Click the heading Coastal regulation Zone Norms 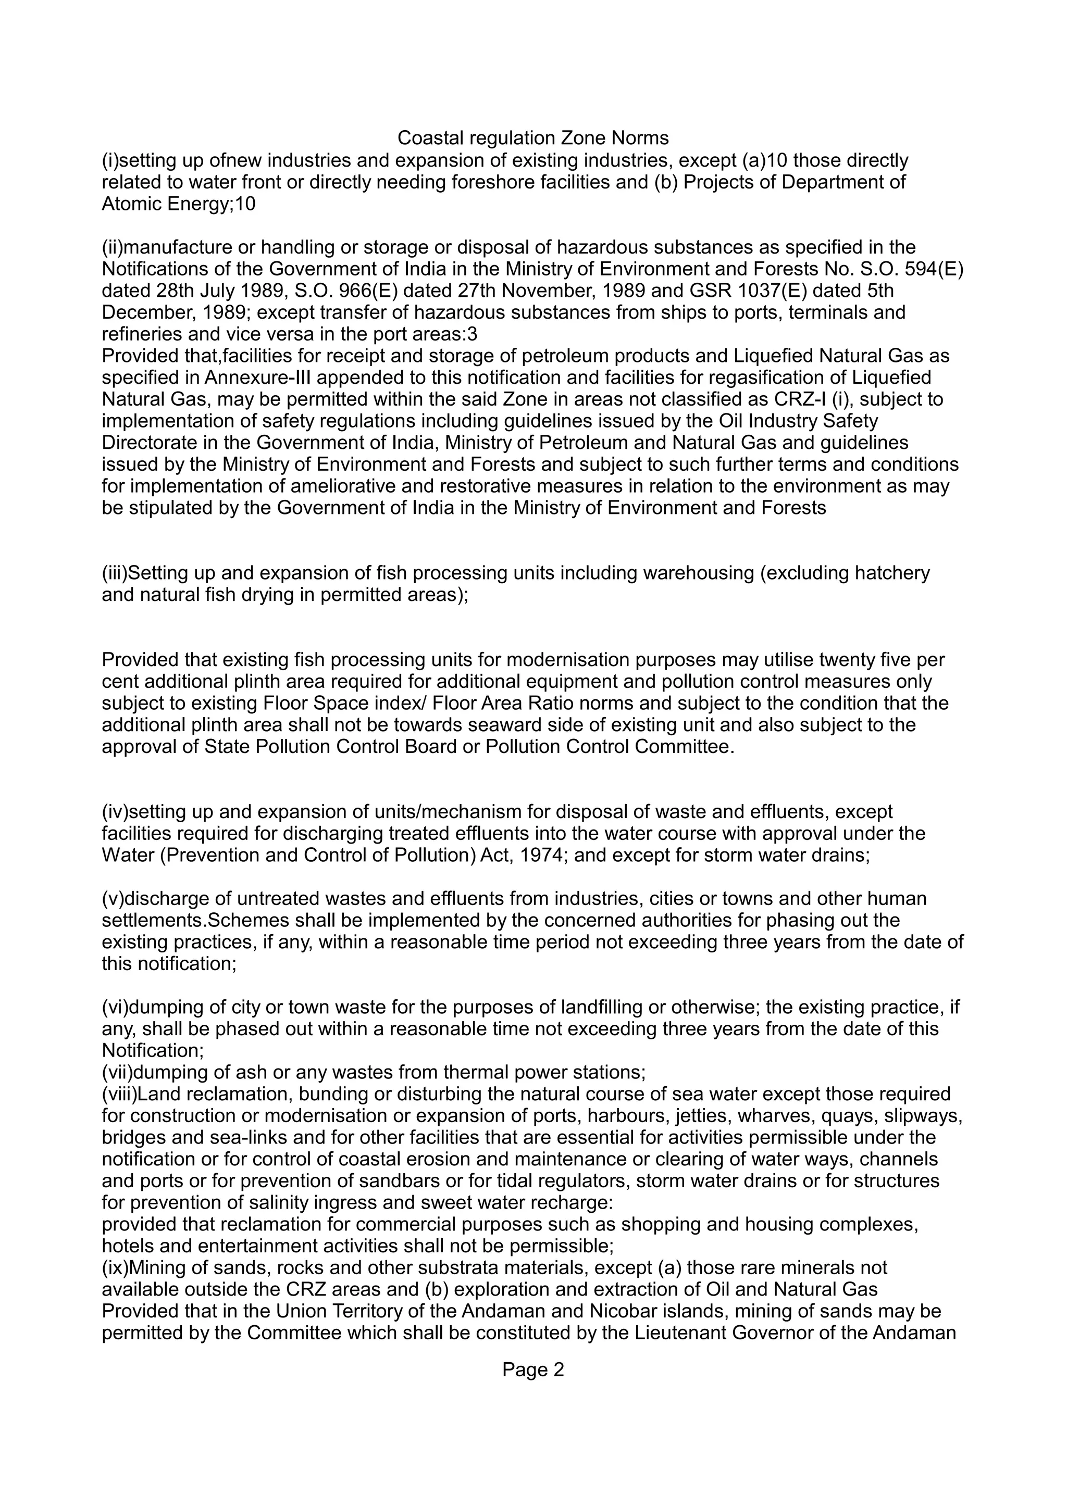[533, 139]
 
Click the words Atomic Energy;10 [179, 204]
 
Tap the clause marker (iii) [114, 573]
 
